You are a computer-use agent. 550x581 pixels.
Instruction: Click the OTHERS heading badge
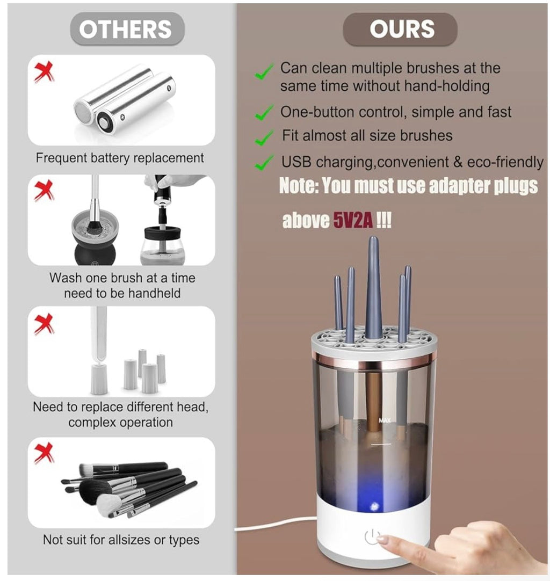(127, 29)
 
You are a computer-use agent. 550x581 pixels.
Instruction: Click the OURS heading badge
(400, 29)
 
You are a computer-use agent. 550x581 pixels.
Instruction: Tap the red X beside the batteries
(44, 72)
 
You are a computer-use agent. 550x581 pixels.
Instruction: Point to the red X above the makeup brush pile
(44, 453)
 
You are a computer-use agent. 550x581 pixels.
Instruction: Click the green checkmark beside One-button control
(264, 113)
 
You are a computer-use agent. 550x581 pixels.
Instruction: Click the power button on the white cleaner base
(372, 536)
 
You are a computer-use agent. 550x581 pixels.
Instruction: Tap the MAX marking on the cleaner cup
(385, 420)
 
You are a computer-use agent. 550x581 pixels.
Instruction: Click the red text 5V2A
(353, 221)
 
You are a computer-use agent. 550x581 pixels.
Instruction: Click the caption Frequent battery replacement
(120, 158)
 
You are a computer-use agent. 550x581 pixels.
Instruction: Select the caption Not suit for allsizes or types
(121, 540)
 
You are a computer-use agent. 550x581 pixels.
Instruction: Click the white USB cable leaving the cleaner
(276, 523)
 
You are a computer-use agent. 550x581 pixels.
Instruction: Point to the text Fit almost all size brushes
(367, 136)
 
